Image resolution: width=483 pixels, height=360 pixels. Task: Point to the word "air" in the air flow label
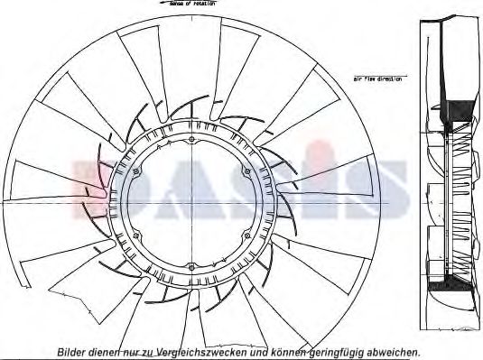pyautogui.click(x=357, y=79)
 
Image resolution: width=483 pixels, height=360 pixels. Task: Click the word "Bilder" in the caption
pyautogui.click(x=73, y=352)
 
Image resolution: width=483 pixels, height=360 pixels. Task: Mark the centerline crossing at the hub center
pyautogui.click(x=192, y=204)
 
